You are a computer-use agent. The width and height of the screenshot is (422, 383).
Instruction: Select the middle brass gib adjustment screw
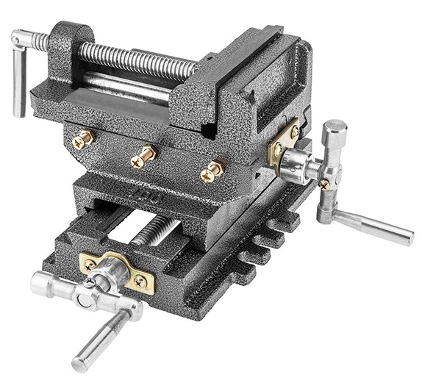click(146, 157)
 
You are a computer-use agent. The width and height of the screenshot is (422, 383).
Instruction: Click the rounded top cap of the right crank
click(335, 132)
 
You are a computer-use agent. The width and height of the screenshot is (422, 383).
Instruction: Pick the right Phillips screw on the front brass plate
click(140, 281)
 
